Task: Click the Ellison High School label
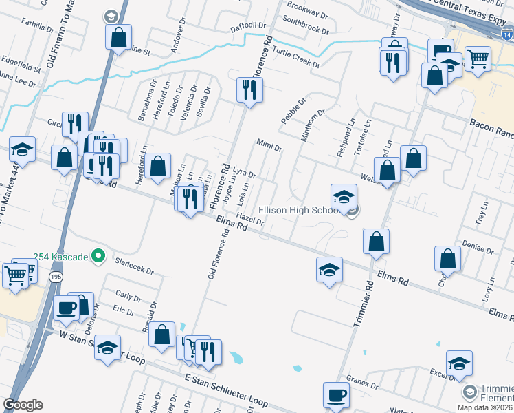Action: (298, 210)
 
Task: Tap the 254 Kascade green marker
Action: (98, 257)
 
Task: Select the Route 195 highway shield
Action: (55, 276)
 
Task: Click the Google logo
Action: (23, 405)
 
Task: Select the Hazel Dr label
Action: (249, 219)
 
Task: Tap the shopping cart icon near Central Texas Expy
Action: (478, 59)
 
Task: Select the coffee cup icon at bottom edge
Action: (336, 395)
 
